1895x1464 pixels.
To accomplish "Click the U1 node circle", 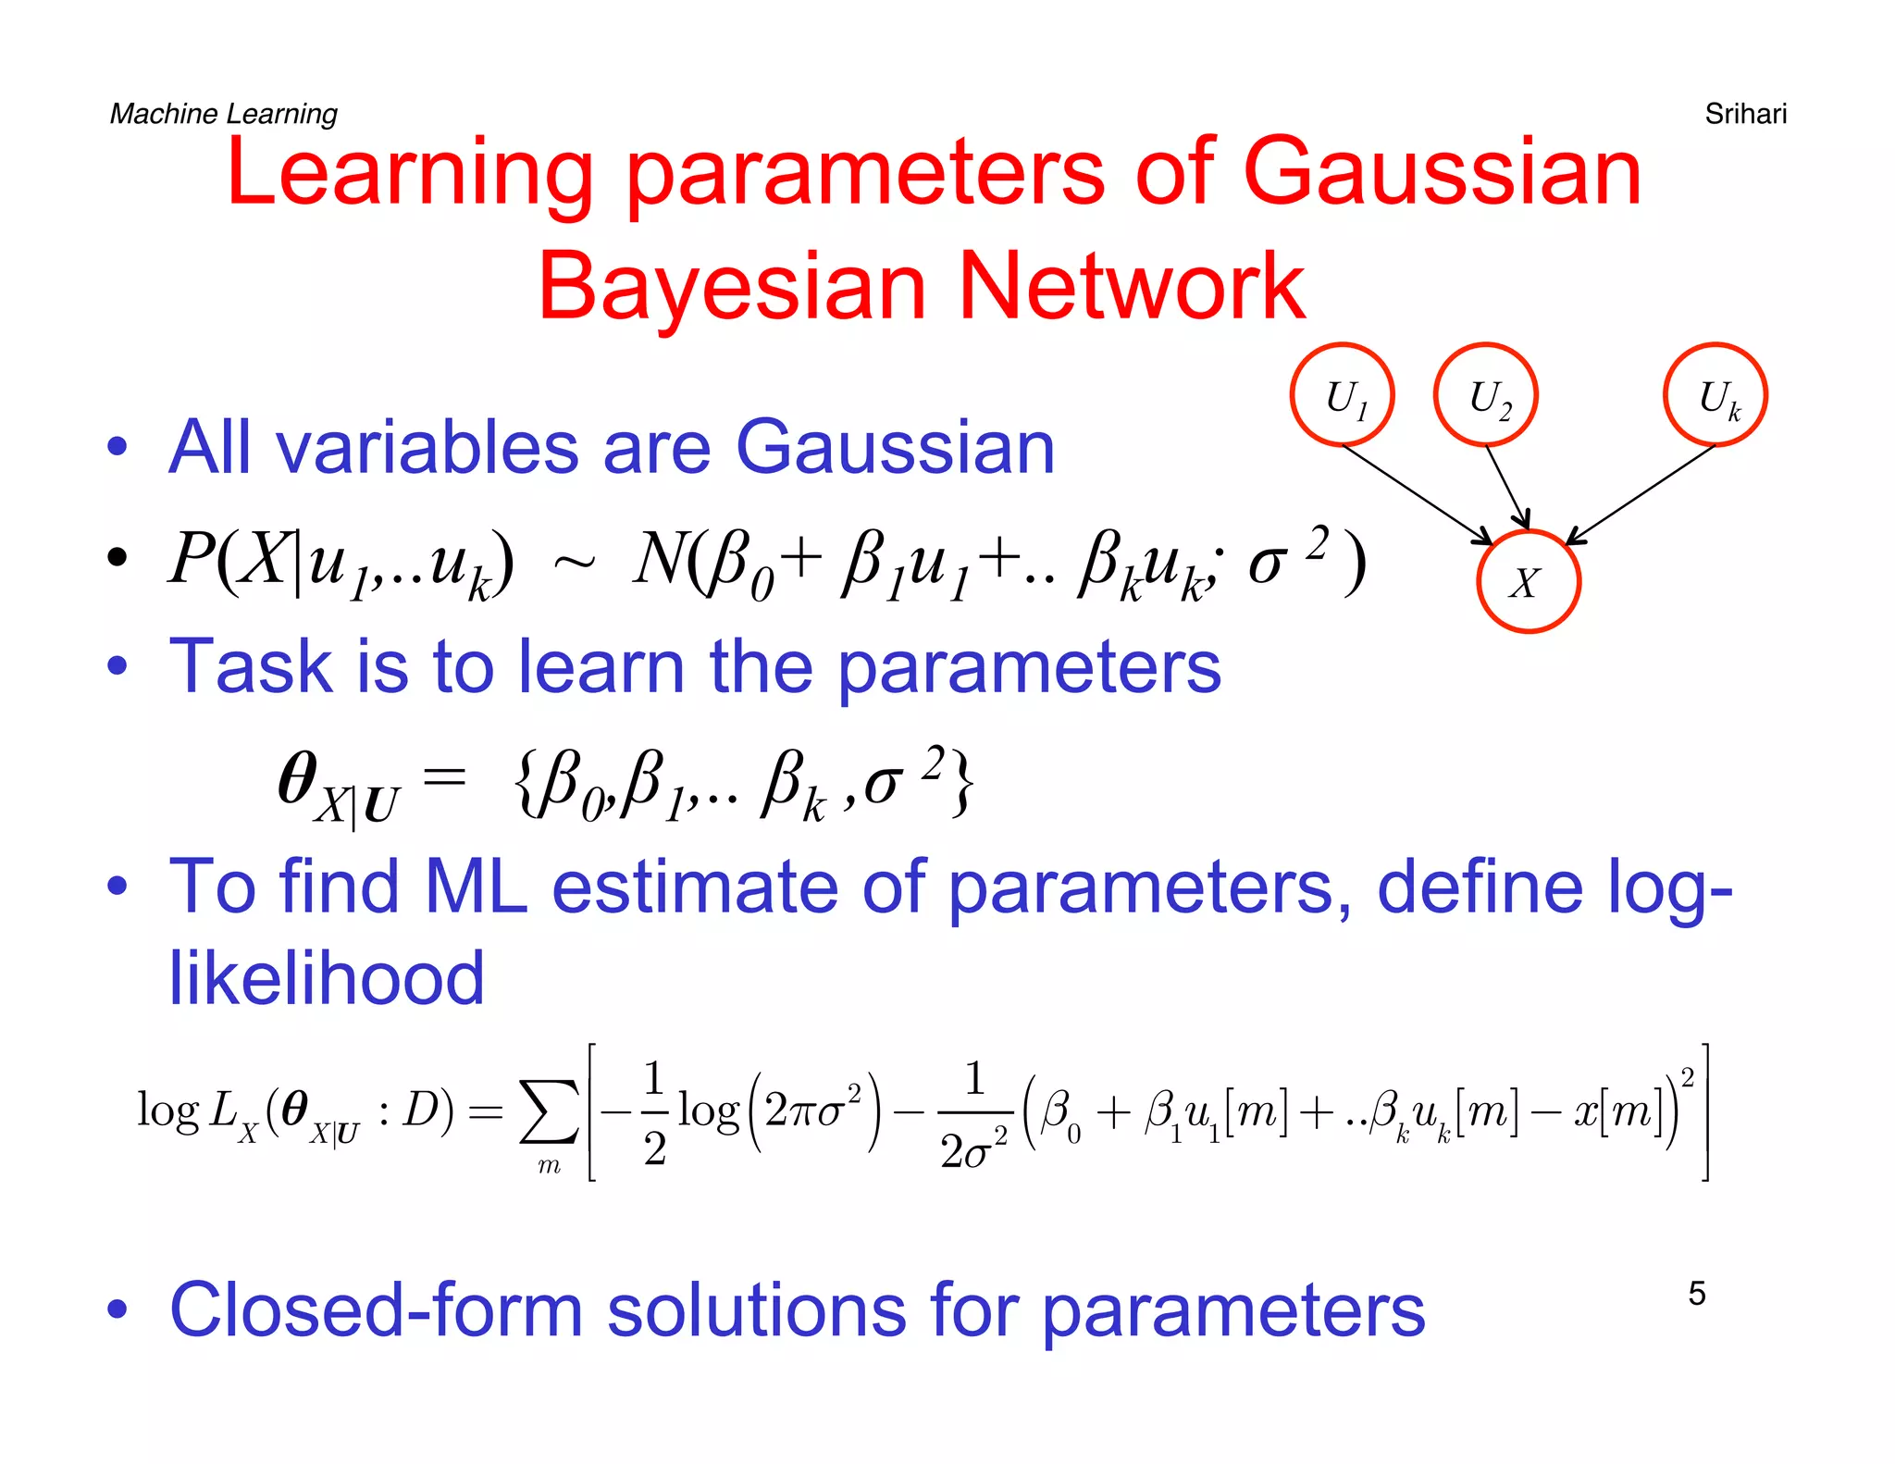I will pos(1342,395).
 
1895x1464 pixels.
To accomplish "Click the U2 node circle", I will pos(1485,395).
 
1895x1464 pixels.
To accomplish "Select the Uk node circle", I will pos(1715,395).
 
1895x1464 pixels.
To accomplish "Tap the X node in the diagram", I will pos(1528,582).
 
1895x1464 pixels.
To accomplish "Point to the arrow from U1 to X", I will pos(1416,494).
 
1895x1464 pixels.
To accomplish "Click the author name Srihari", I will pos(1745,114).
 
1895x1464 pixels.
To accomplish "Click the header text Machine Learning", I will pos(223,114).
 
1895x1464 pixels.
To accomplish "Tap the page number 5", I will pos(1696,1293).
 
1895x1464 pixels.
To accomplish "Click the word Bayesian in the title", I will pos(731,287).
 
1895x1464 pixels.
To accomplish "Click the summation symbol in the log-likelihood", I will pos(549,1114).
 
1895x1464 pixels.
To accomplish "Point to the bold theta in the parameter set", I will pos(297,779).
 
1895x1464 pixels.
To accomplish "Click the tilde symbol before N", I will pos(574,561).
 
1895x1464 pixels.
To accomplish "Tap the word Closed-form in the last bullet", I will pos(375,1310).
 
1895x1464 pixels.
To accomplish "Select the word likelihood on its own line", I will pos(326,978).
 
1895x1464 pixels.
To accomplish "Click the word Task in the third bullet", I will pos(250,666).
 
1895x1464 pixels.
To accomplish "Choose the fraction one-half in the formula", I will pos(653,1112).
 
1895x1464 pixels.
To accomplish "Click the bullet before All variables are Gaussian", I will pos(117,448).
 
